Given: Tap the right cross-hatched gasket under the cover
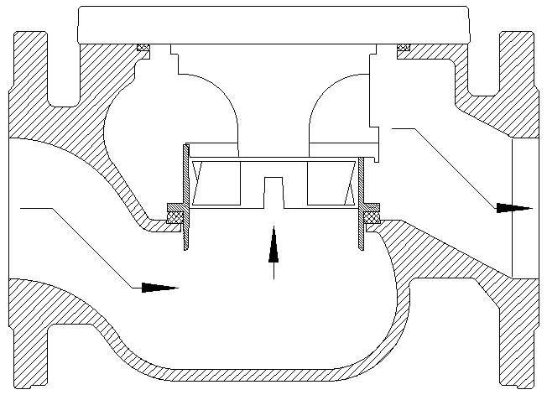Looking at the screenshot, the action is pos(404,47).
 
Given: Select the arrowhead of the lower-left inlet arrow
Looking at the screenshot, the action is pos(159,287).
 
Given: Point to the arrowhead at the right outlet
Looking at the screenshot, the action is pos(513,207).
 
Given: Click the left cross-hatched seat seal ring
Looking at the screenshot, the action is pos(176,214).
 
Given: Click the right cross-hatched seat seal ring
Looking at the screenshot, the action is pos(371,214).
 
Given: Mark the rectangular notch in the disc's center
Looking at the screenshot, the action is pos(273,190).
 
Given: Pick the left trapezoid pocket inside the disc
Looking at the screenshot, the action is pos(214,183).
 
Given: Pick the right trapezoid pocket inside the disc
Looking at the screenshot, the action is pos(331,183).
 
